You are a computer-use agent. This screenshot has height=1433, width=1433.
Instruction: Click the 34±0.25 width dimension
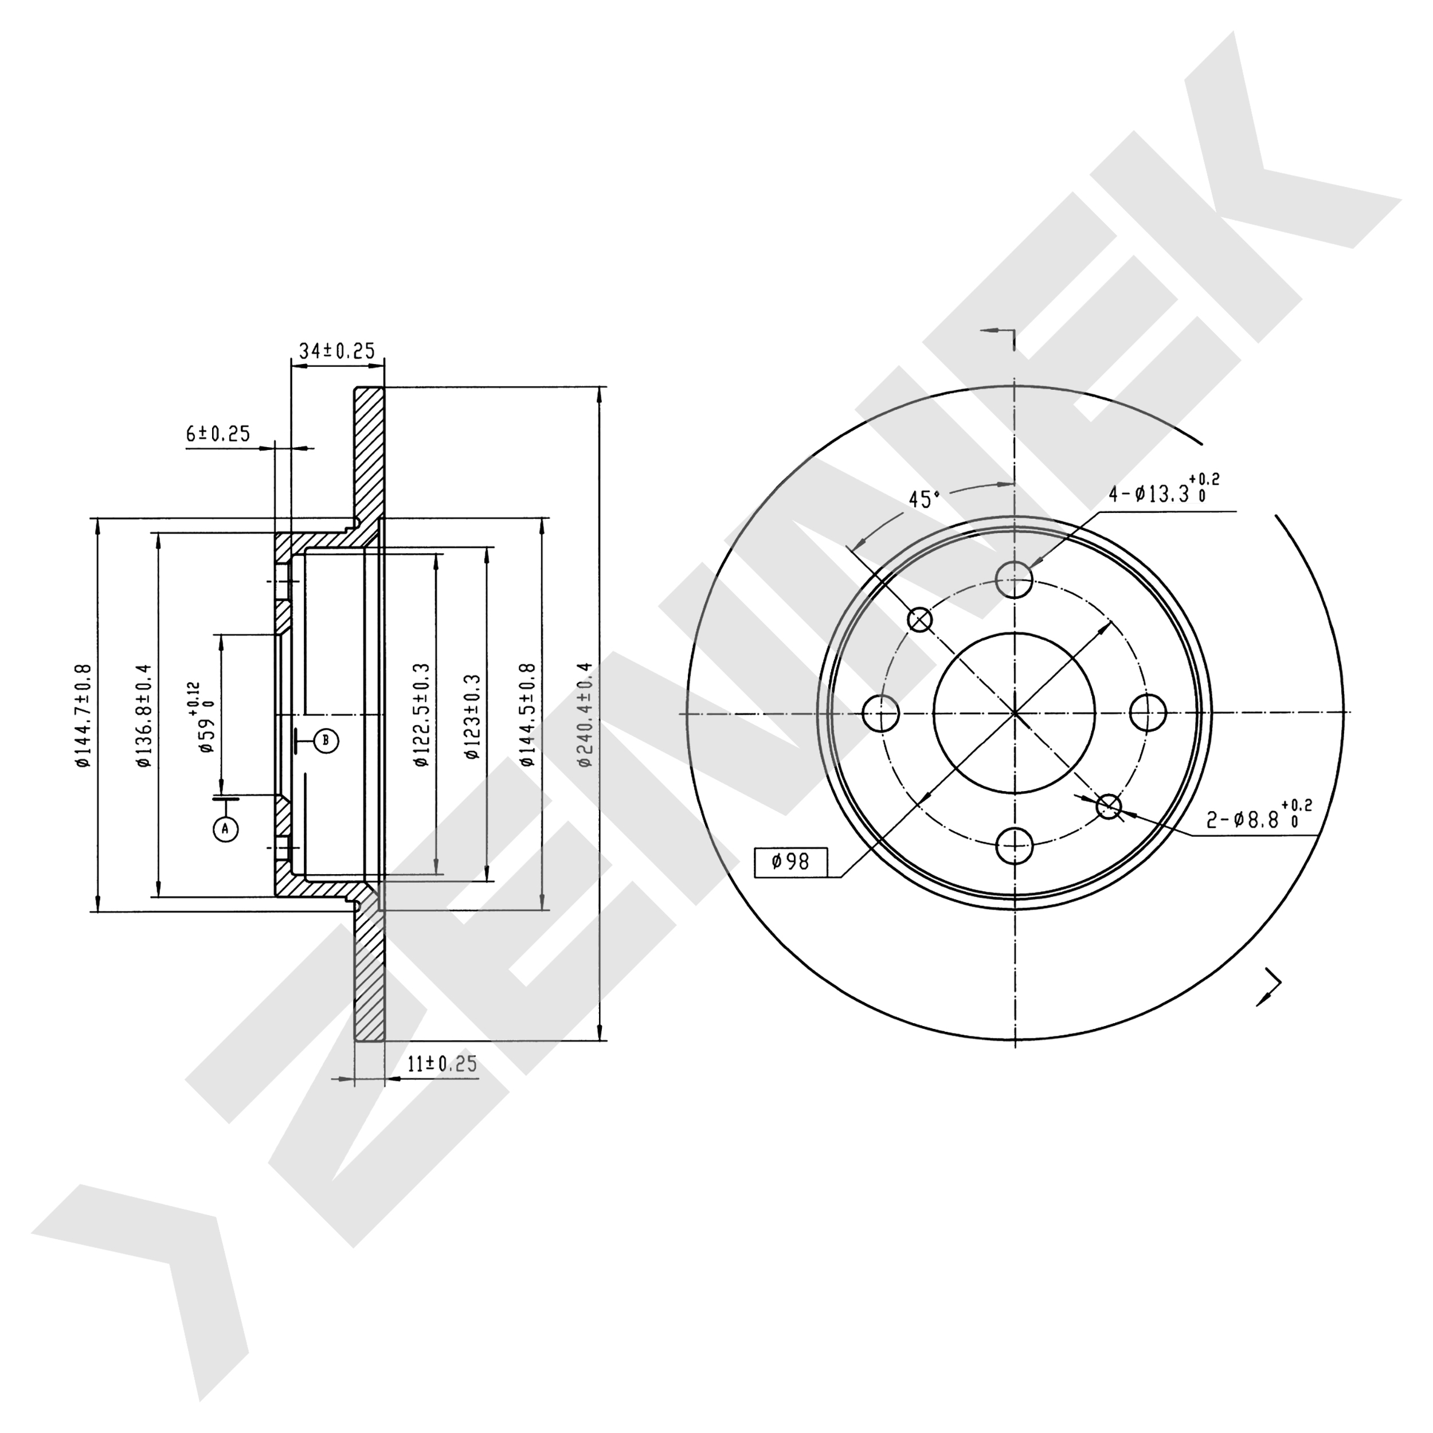click(336, 350)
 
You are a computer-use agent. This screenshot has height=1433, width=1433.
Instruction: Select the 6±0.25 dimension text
click(218, 433)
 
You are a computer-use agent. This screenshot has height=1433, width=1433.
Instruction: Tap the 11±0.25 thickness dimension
click(442, 1064)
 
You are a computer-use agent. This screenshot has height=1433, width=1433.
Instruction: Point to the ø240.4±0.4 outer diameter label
click(585, 714)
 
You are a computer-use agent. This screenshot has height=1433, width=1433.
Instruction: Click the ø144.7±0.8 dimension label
click(83, 716)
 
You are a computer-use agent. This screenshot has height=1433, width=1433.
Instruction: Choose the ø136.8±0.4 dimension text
click(143, 716)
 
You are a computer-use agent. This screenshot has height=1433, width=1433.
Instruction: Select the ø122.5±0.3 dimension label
click(421, 715)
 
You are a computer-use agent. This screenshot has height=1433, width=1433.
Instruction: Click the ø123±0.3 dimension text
click(472, 717)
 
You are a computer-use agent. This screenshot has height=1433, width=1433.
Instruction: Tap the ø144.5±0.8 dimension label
click(527, 715)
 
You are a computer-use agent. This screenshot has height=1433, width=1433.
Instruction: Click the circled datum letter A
click(226, 828)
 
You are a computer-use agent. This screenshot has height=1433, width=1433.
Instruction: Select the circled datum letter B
click(326, 739)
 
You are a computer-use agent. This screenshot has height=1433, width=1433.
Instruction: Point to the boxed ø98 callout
click(790, 861)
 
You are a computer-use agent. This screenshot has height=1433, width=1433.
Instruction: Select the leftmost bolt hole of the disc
click(881, 714)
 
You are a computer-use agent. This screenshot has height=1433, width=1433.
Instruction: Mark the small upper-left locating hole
click(921, 619)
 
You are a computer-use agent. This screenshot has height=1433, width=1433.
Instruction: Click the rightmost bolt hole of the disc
click(1148, 714)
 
